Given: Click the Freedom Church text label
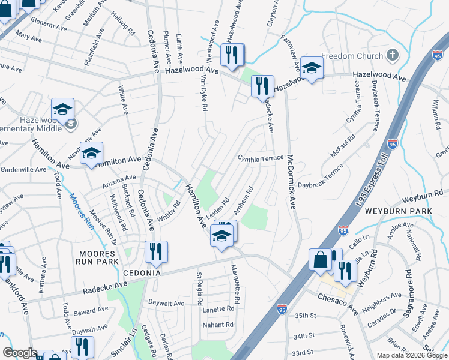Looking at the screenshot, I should coord(352,56).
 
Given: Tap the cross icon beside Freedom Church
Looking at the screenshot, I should coord(393,56).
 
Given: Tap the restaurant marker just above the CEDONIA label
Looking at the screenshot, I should coord(156,253).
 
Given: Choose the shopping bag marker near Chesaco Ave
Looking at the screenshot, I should coord(321,260).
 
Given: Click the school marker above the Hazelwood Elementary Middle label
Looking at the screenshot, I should coord(62,110).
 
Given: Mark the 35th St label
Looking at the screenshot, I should coord(305,315).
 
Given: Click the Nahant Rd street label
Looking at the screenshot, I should coord(218,325).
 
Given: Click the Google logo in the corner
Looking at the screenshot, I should coord(19,353).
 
